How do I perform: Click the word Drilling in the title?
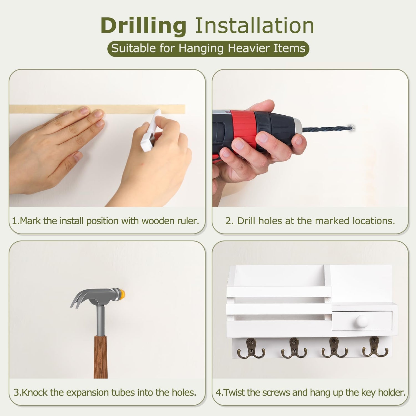tap(143, 26)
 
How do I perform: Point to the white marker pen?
tap(151, 130)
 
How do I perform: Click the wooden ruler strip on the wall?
tap(97, 109)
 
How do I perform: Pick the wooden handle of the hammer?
tap(100, 357)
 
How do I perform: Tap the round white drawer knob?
tap(362, 321)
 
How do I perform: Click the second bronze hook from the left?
tap(294, 348)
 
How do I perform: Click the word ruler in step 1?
tap(188, 221)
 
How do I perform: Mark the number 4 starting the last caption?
tap(218, 392)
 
